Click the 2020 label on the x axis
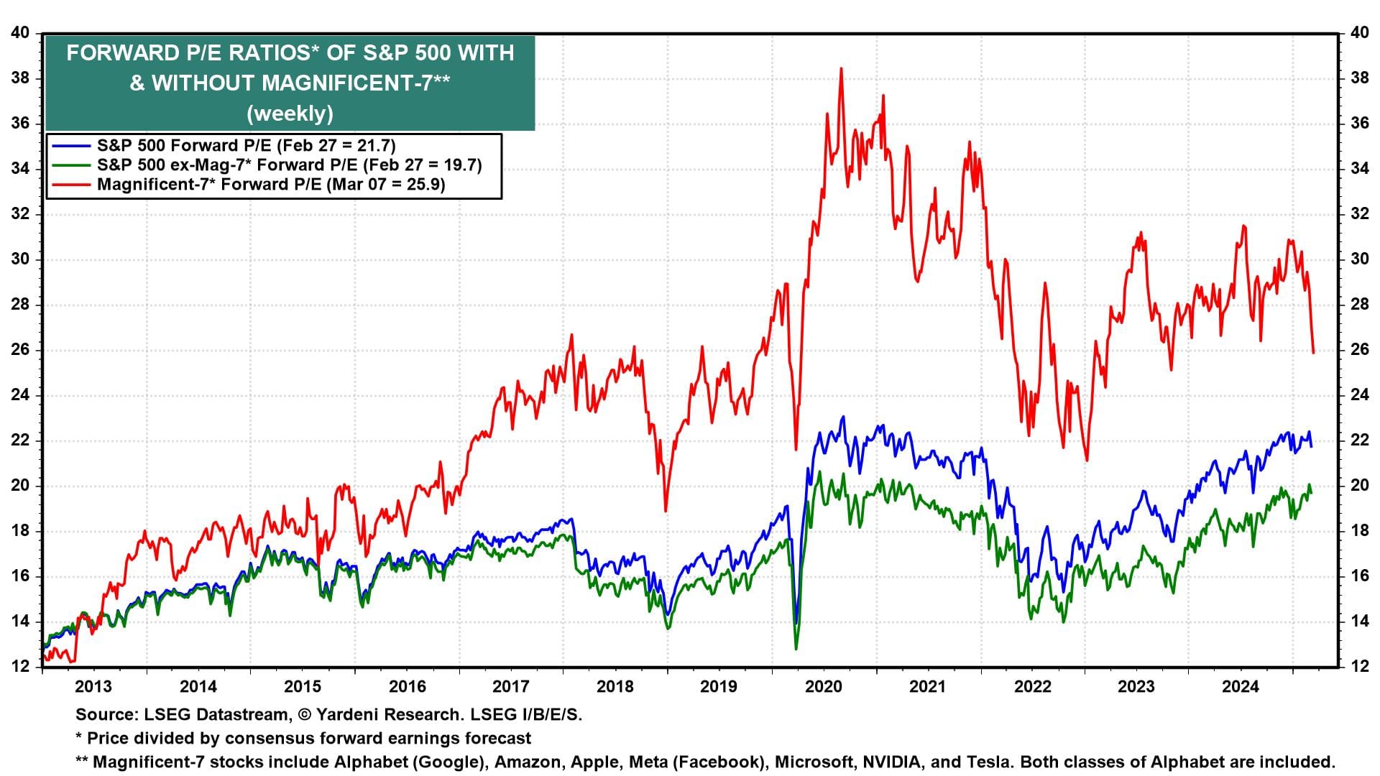(x=823, y=686)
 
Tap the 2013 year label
(x=93, y=686)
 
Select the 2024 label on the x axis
(x=1241, y=686)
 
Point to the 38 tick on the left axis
(x=20, y=78)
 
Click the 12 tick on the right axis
(x=1359, y=667)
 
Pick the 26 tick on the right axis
(x=1359, y=350)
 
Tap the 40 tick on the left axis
(x=20, y=33)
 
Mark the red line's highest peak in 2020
(x=841, y=69)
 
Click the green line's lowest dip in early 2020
(x=796, y=649)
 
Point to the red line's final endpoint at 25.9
(x=1313, y=352)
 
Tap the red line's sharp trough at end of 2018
(x=666, y=510)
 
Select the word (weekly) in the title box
(x=290, y=114)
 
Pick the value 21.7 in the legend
(x=374, y=146)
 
